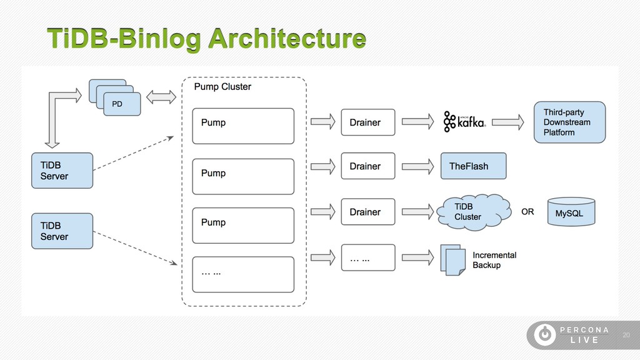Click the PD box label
[117, 104]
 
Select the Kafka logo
[464, 122]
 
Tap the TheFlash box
[474, 166]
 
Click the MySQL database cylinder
[571, 212]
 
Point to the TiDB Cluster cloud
[474, 212]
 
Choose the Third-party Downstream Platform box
[570, 122]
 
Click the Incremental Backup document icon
[453, 259]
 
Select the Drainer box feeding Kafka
[368, 122]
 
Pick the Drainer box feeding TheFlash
[368, 166]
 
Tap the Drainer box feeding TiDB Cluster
[368, 212]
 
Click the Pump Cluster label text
[222, 86]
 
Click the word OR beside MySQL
[527, 212]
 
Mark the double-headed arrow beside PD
[161, 97]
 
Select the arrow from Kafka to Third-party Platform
[507, 122]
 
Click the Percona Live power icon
[545, 335]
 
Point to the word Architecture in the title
[287, 39]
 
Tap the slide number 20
[626, 335]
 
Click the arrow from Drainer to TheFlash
[418, 166]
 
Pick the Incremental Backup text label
[494, 260]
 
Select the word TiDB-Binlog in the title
[124, 39]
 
